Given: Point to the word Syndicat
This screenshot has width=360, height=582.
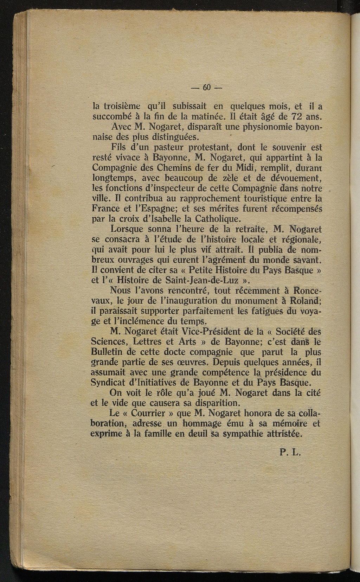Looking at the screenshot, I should coord(106,382).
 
